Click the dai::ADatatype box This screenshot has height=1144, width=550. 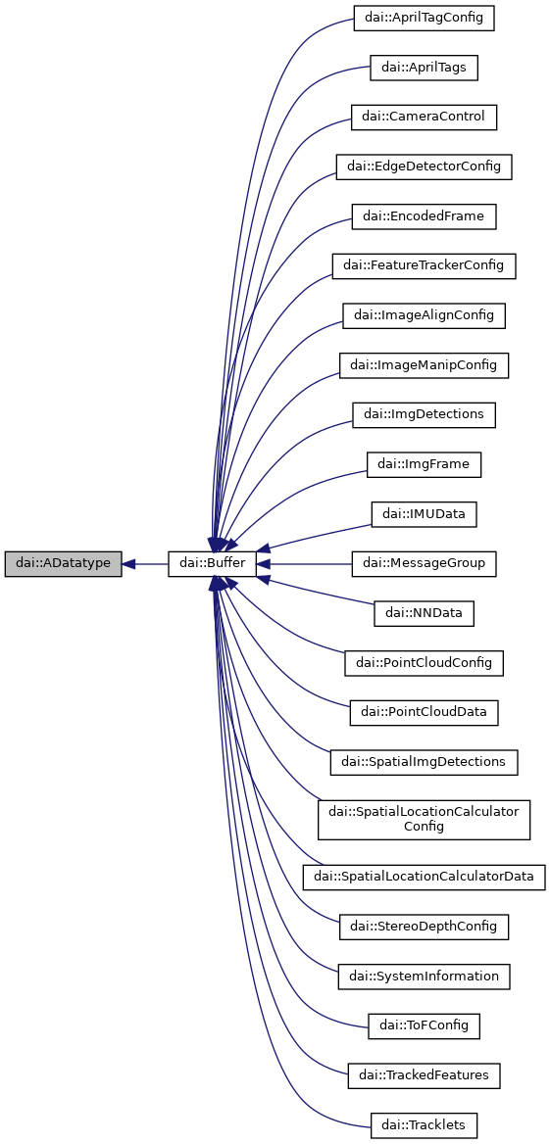(x=63, y=564)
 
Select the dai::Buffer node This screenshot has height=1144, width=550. (x=213, y=564)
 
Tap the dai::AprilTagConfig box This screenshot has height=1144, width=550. (x=424, y=18)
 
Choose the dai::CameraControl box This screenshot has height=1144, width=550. (x=424, y=118)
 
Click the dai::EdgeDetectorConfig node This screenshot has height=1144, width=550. (x=424, y=167)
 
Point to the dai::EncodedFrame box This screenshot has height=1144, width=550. (x=424, y=216)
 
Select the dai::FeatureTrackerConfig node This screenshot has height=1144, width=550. (x=424, y=265)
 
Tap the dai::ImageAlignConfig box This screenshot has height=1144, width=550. (x=424, y=315)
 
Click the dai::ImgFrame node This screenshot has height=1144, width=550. (x=424, y=464)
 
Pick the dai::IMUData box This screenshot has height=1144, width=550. (x=424, y=514)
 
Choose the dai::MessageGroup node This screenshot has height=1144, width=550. (x=424, y=564)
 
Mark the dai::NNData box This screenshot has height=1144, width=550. (x=424, y=614)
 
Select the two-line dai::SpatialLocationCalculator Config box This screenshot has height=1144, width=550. (x=424, y=819)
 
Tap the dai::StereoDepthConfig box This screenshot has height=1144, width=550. (x=424, y=926)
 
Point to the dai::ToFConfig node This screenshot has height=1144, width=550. (x=424, y=1025)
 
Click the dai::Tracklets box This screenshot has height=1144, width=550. (x=424, y=1124)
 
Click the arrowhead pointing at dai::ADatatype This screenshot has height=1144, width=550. (x=129, y=564)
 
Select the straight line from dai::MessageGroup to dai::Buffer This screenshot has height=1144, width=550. (x=309, y=564)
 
